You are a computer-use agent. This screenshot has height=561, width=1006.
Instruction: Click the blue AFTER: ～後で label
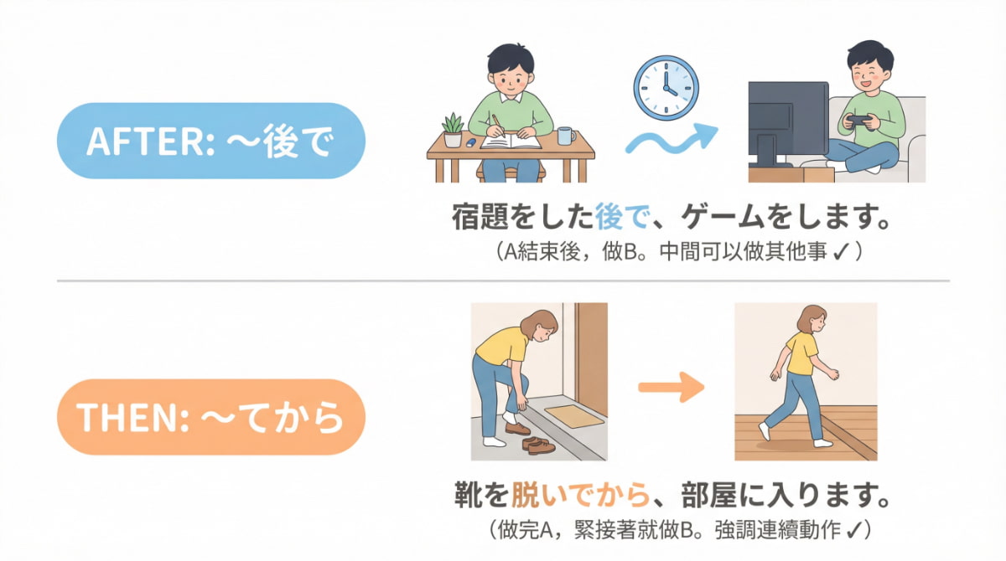(210, 141)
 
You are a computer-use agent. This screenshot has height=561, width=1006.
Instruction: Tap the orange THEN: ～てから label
(210, 416)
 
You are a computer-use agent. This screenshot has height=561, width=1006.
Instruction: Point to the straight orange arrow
(670, 388)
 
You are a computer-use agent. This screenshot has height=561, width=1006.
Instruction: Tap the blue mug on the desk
(564, 136)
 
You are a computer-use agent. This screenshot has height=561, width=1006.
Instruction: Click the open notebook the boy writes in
(509, 142)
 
